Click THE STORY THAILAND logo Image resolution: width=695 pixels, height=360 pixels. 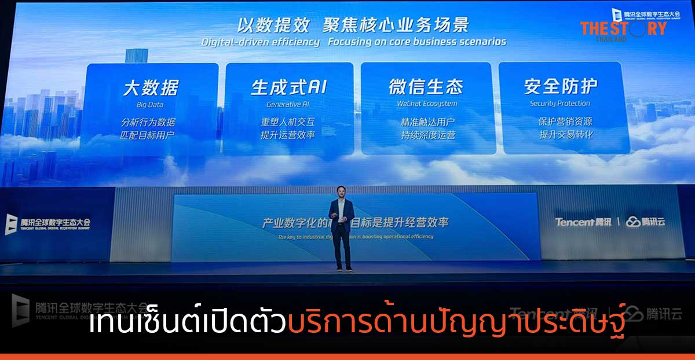623,28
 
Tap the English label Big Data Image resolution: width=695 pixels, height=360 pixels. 151,105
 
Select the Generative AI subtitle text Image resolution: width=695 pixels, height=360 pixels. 288,105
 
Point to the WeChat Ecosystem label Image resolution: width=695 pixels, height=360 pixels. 427,104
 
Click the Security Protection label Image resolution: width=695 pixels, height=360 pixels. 559,104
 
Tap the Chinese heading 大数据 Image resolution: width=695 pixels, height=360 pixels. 151,88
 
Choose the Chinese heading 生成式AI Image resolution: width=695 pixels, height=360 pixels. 288,87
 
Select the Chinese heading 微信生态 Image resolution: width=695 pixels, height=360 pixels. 426,87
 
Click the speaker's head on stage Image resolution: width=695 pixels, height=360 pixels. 341,192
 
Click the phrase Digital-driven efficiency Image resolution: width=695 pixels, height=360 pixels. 261,42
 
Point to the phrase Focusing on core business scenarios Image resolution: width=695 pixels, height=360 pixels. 416,42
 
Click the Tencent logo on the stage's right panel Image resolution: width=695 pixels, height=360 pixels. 582,222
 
